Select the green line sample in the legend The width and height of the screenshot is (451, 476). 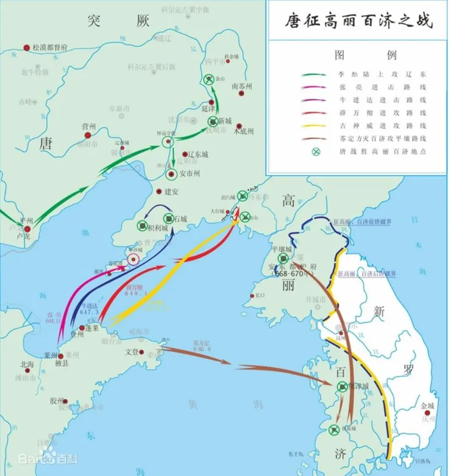(x=314, y=73)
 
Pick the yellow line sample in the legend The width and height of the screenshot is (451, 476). (x=314, y=126)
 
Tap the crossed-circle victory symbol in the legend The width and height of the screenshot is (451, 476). (x=315, y=151)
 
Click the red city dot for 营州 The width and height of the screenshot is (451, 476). (x=88, y=135)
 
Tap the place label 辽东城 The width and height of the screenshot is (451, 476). (x=197, y=155)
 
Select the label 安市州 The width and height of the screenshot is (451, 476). (x=190, y=173)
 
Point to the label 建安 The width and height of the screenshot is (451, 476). (x=173, y=192)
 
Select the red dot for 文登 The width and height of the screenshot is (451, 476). (x=145, y=352)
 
